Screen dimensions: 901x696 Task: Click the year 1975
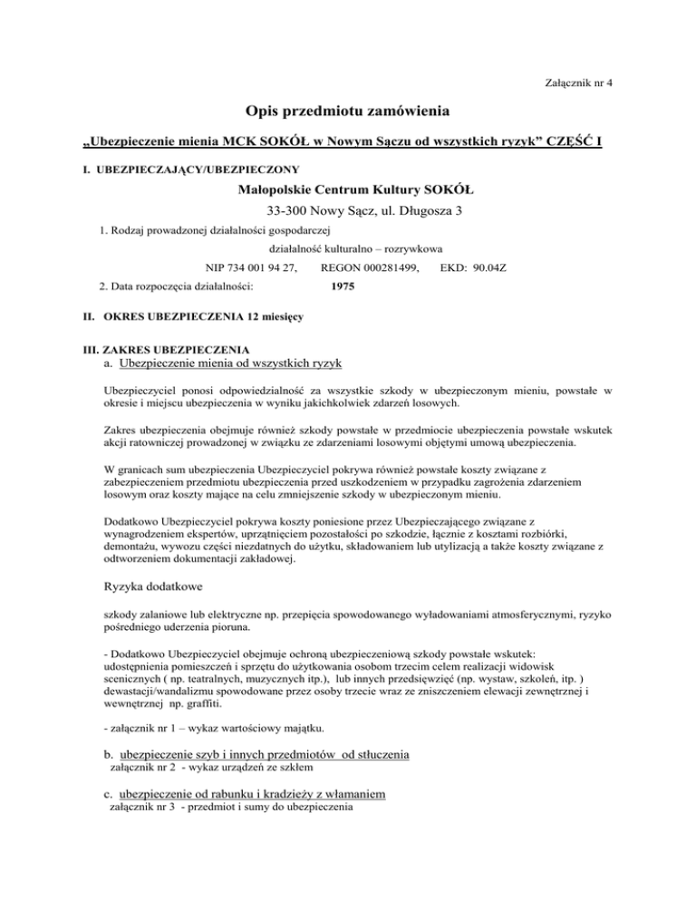[342, 286]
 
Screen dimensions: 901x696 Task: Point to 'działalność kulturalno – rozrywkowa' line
[349, 248]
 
